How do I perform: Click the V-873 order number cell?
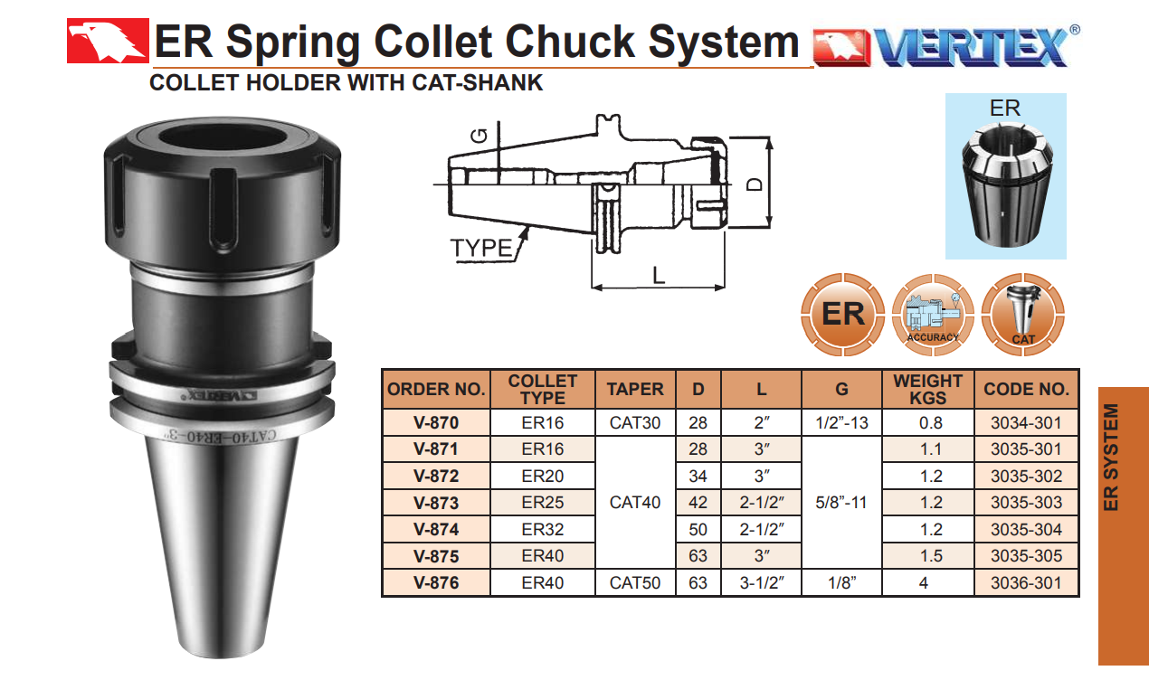click(x=436, y=503)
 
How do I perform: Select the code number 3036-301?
click(x=1026, y=582)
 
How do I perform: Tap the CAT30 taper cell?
click(x=635, y=422)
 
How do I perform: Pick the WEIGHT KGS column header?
click(x=927, y=389)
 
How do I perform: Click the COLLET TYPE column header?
click(x=543, y=389)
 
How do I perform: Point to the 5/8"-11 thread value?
click(x=841, y=503)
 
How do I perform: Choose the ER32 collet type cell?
click(x=543, y=529)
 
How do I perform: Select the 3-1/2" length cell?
click(x=762, y=582)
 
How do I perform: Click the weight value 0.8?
click(x=930, y=422)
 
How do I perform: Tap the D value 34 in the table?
click(x=698, y=476)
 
